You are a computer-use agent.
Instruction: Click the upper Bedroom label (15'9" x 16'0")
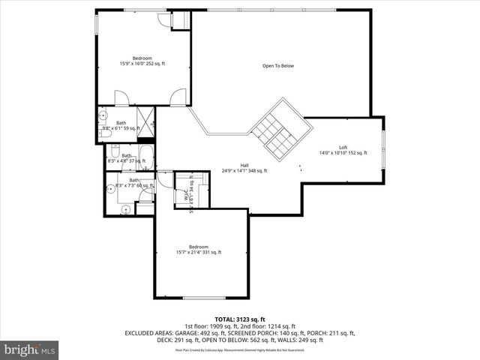(142, 61)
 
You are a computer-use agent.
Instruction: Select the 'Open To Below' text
(277, 66)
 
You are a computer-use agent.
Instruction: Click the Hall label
(244, 168)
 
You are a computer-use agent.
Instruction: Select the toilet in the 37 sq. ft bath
(115, 150)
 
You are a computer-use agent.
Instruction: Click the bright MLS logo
(30, 349)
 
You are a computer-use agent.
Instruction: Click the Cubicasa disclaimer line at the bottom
(240, 349)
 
